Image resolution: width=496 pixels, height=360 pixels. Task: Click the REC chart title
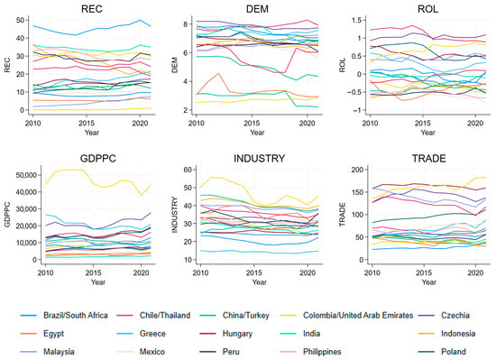click(92, 8)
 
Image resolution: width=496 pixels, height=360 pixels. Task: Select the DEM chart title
click(257, 8)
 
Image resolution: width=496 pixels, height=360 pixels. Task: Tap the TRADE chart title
click(428, 158)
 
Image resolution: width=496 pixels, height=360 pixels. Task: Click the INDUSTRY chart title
click(259, 158)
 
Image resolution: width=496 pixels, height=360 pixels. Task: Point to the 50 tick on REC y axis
click(20, 20)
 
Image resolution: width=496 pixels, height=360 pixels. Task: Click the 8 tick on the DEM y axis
click(185, 24)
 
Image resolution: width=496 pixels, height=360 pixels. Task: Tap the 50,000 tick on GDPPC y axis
click(26, 175)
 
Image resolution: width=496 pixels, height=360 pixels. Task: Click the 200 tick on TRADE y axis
click(357, 170)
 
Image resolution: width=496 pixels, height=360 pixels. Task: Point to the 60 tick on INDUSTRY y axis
click(188, 170)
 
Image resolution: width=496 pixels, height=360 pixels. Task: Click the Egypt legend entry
click(42, 334)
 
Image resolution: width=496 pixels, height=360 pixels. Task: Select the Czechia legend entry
click(444, 316)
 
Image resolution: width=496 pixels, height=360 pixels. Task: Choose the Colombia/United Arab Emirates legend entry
click(346, 316)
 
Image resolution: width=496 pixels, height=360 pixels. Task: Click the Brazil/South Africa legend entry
click(64, 316)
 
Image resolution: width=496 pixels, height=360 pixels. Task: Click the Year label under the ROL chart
click(427, 133)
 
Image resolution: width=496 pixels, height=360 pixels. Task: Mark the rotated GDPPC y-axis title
click(7, 214)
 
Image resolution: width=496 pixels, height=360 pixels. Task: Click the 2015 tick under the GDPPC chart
click(93, 272)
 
